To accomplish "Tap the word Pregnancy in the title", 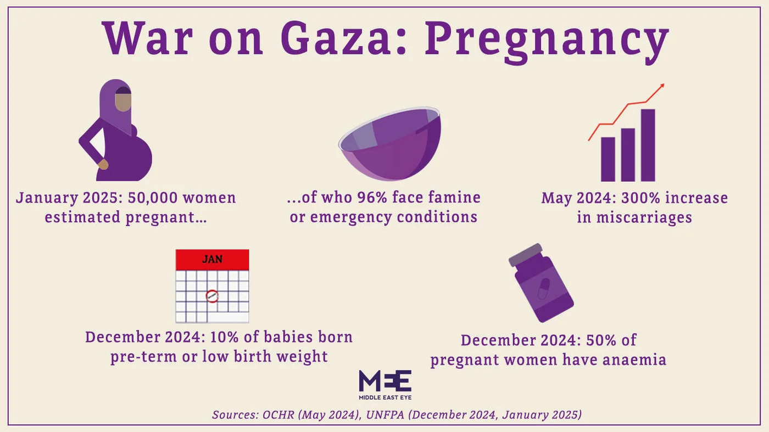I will click(547, 40).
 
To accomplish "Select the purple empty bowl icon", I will click(389, 144).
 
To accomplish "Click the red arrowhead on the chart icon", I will click(661, 86).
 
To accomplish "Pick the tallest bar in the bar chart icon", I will click(648, 145).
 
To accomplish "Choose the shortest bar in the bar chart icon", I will click(608, 159).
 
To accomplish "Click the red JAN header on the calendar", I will click(212, 259).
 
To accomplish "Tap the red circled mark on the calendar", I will click(212, 296).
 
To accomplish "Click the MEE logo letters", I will click(384, 380).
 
